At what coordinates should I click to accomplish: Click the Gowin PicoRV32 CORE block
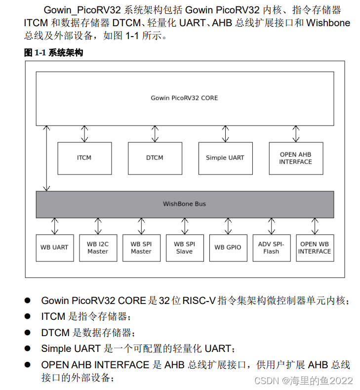pos(184,98)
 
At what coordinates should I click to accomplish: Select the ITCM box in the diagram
pos(84,158)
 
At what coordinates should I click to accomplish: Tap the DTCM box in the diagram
pos(155,158)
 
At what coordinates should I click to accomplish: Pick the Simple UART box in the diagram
pos(225,158)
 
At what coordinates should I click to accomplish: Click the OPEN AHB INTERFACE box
pos(295,158)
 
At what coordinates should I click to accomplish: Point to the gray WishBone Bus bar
pos(184,204)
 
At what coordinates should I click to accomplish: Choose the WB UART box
pos(54,248)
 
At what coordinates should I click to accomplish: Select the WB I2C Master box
pos(98,248)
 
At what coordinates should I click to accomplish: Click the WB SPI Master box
pos(141,248)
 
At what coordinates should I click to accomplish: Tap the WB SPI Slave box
pos(184,248)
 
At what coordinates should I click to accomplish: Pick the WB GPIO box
pos(228,248)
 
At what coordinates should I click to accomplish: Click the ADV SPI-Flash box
pos(271,248)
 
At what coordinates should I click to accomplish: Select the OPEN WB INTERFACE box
pos(315,248)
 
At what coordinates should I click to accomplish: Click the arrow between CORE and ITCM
pos(84,134)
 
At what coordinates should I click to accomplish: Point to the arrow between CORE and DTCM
pos(155,134)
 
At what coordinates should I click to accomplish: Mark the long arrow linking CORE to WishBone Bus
pos(47,158)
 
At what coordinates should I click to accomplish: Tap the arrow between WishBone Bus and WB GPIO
pos(228,226)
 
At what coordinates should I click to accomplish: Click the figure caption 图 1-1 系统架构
pos(53,53)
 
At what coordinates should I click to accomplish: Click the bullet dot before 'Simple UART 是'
pos(28,348)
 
